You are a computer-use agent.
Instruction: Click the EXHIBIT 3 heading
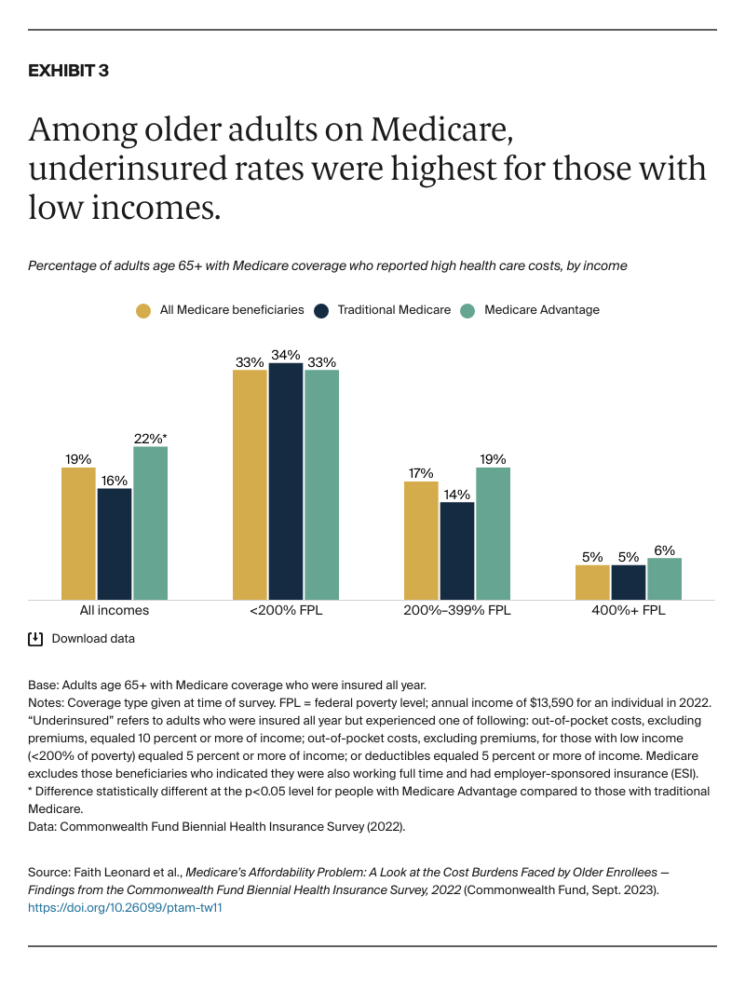pyautogui.click(x=68, y=71)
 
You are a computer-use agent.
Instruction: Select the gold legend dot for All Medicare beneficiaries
pyautogui.click(x=142, y=310)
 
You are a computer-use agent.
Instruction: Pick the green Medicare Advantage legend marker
pyautogui.click(x=468, y=310)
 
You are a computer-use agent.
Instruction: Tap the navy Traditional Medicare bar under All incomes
pyautogui.click(x=115, y=544)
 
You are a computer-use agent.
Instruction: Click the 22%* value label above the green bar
pyautogui.click(x=151, y=438)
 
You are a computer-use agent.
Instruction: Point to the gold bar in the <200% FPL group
pyautogui.click(x=250, y=484)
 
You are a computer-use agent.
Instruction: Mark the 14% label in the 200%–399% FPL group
pyautogui.click(x=456, y=494)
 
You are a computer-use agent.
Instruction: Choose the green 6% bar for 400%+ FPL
pyautogui.click(x=664, y=578)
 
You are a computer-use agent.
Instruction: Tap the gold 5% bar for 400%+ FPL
pyautogui.click(x=592, y=582)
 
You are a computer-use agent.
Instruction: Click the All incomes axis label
pyautogui.click(x=115, y=611)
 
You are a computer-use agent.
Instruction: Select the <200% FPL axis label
pyautogui.click(x=286, y=611)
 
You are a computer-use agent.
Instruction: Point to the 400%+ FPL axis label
pyautogui.click(x=629, y=611)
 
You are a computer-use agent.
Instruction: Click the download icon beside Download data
pyautogui.click(x=35, y=639)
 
